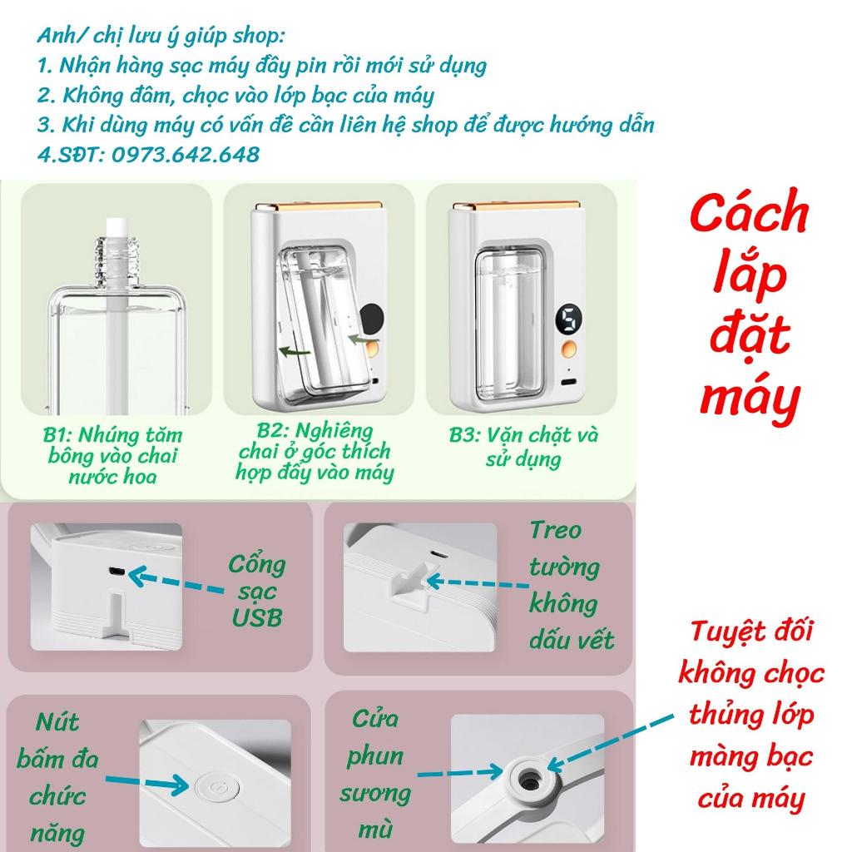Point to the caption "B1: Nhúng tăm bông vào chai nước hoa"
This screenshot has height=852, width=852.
coord(112,455)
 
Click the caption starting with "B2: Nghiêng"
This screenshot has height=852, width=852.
coord(315,452)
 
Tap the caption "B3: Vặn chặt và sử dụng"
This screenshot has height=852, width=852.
coord(524,446)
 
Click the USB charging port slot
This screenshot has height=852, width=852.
coord(116,573)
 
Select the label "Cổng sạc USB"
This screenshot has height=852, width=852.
coord(257,591)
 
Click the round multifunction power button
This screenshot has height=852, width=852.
coord(210,784)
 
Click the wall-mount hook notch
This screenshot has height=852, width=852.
coord(407,587)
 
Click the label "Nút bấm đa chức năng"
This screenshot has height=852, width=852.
coord(66,775)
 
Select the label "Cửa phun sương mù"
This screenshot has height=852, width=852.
coord(374,774)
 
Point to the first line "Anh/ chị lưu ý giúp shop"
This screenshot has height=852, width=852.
coord(161,36)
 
